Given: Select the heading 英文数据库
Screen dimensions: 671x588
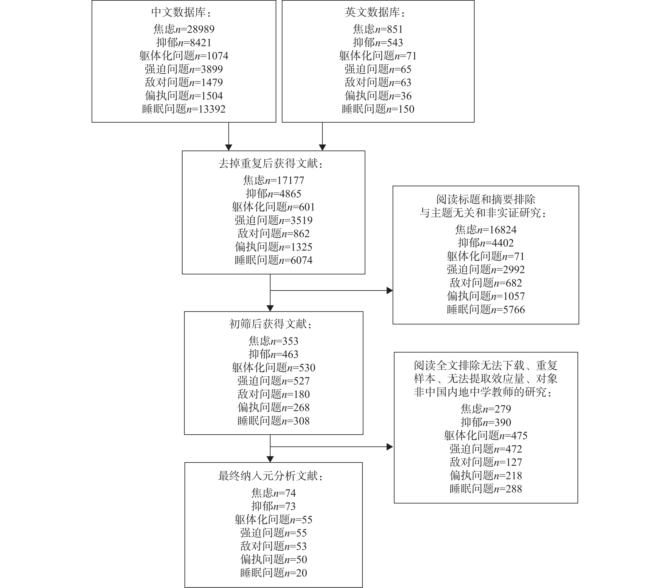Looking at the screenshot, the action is point(375,13).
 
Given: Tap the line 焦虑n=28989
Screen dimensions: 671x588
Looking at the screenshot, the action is point(184,29).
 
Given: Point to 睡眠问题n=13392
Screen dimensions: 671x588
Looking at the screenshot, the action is point(184,109).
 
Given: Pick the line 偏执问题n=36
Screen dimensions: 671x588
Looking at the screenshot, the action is point(378,96).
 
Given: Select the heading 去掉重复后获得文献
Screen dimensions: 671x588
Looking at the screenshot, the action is point(271,164).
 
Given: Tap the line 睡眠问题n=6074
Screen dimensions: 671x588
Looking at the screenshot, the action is point(274,260).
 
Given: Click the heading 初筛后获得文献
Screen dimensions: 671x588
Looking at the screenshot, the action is point(271,324).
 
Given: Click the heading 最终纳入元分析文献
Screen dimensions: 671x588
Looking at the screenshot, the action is point(271,476).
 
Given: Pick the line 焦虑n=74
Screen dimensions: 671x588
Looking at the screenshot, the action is point(274,493).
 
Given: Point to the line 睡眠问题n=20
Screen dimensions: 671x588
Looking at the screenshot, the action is point(274,573).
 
